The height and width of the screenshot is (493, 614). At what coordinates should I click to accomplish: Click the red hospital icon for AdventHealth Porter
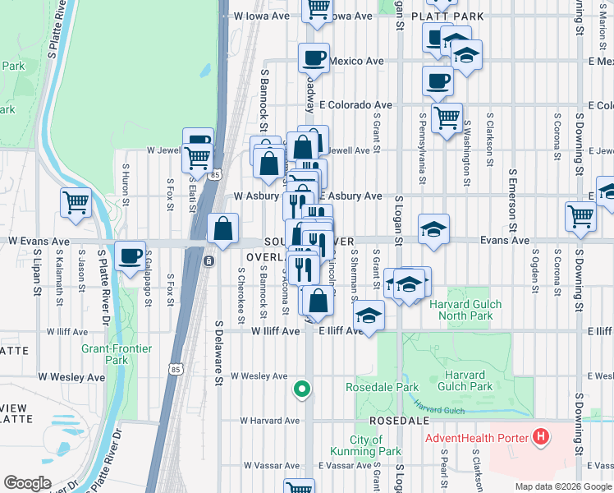(540, 437)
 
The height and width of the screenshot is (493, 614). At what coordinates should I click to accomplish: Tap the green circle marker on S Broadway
(302, 389)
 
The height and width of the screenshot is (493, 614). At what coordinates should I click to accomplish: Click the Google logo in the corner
(27, 483)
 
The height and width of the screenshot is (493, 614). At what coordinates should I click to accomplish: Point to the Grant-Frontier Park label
(117, 354)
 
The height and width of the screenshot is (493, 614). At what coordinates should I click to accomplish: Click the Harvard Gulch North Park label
(460, 309)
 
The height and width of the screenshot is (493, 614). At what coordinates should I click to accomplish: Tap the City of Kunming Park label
(365, 445)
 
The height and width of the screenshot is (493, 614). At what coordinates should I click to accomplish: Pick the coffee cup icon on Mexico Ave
(314, 58)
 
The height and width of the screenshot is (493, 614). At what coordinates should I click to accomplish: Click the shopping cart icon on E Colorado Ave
(447, 117)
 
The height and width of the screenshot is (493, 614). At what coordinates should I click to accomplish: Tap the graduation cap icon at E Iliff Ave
(369, 316)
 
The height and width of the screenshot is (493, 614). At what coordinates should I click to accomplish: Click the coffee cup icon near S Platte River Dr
(130, 256)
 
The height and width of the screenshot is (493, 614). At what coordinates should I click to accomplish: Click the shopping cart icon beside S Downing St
(580, 216)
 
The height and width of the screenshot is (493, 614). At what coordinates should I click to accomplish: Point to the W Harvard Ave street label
(270, 421)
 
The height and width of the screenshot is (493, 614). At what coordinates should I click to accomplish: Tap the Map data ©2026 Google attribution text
(562, 486)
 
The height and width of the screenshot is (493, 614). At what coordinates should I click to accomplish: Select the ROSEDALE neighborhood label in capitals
(399, 420)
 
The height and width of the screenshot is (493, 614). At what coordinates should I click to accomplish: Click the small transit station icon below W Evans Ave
(209, 260)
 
